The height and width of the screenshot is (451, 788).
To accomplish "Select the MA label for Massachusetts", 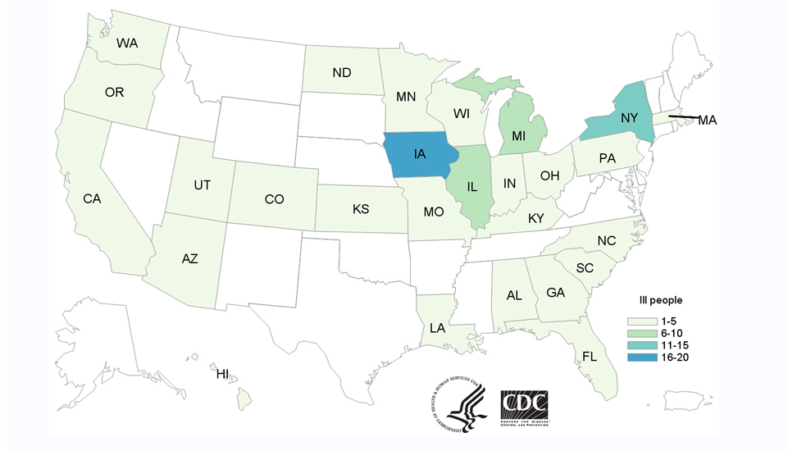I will [708, 121].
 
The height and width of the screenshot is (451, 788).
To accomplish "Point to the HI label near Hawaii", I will [222, 374].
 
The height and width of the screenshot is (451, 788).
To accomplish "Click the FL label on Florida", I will [590, 356].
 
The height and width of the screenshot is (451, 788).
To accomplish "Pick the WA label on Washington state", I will [126, 43].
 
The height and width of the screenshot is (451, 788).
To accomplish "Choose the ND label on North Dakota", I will [342, 73].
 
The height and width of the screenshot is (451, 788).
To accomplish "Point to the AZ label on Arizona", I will [189, 258].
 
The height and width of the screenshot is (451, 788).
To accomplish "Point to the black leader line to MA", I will [684, 117].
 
